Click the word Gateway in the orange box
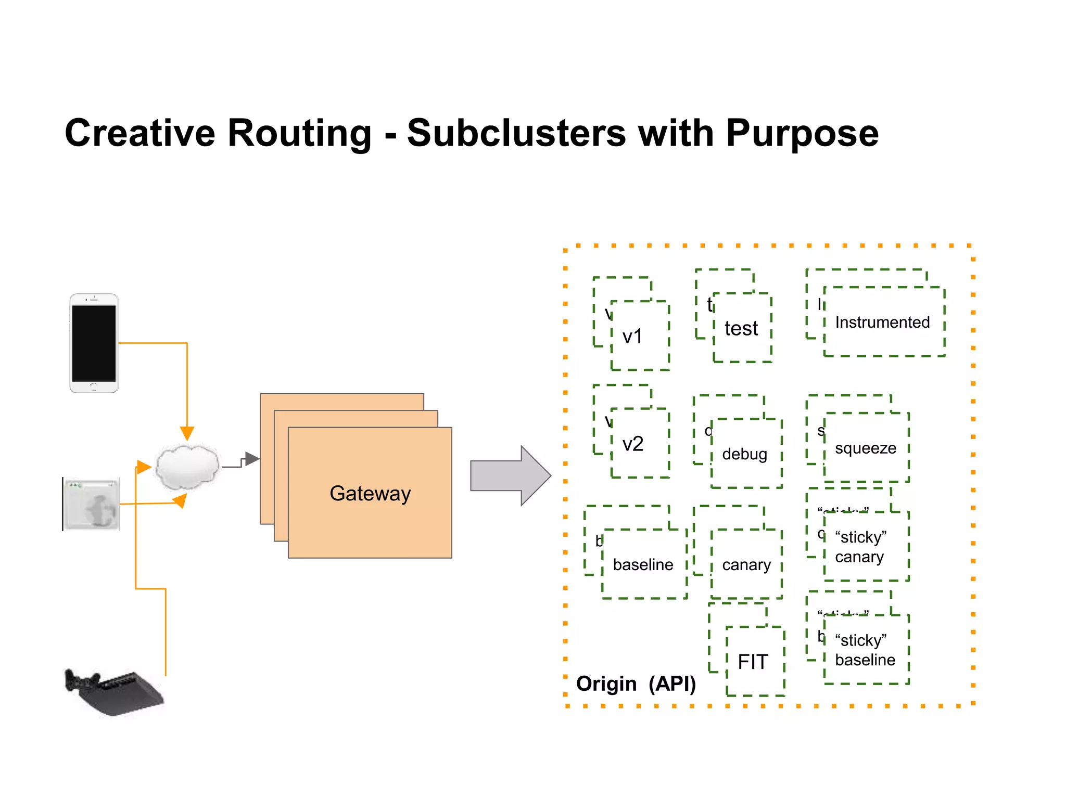coord(370,493)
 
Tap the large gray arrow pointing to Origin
coord(510,475)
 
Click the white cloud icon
coord(188,467)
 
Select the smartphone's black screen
coord(94,343)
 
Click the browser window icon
coord(92,504)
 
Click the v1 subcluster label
coord(632,337)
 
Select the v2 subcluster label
coord(633,444)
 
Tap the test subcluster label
coord(741,329)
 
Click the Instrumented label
coord(882,323)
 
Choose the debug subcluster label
coord(744,454)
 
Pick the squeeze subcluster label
coord(866,448)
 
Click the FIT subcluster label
coord(753,662)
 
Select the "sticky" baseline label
coord(865,650)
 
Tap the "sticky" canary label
coord(860,547)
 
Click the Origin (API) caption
coord(636,684)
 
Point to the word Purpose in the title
coord(802,133)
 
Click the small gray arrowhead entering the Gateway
coord(252,459)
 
